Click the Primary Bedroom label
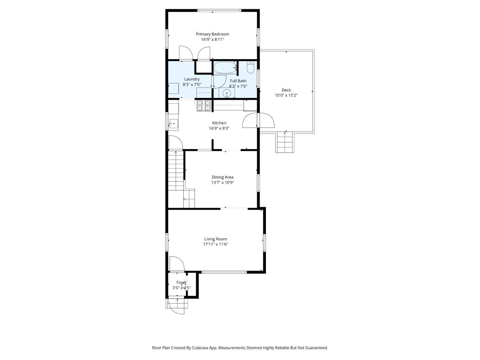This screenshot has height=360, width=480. click(212, 34)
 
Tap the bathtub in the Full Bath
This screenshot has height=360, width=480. click(225, 68)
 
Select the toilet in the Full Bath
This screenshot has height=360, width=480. click(250, 67)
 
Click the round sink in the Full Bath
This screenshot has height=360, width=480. click(227, 93)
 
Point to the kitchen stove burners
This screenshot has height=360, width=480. click(204, 105)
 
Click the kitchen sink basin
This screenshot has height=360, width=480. click(174, 124)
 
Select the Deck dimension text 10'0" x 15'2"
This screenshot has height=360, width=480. click(286, 95)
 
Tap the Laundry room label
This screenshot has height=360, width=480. click(192, 79)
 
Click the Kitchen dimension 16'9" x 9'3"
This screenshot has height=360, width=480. click(219, 128)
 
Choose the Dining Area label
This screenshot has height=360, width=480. click(222, 177)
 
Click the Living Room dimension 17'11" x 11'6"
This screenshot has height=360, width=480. click(215, 244)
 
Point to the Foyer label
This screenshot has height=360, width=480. click(181, 283)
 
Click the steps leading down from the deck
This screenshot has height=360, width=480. click(285, 142)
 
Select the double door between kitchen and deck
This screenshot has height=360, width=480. click(258, 120)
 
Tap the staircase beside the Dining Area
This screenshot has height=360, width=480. click(181, 179)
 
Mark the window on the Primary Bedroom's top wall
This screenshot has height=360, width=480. click(219, 10)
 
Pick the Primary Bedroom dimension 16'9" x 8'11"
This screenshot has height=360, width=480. click(212, 40)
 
